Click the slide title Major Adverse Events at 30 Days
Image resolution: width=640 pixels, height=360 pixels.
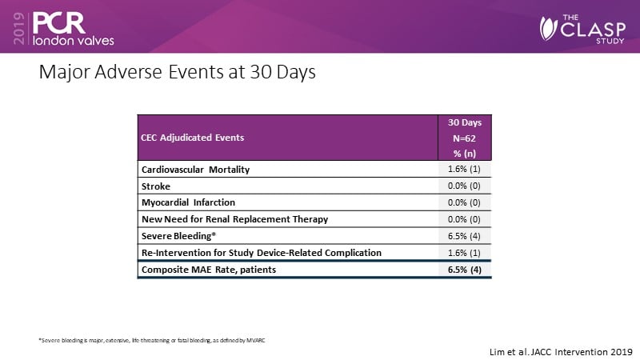point(178,73)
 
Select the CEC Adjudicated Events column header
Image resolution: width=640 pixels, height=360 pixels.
point(193,137)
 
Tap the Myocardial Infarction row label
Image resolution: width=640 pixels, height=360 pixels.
point(188,202)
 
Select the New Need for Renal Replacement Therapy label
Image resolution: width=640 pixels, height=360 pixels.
point(235,219)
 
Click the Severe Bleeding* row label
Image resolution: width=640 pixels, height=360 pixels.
point(178,236)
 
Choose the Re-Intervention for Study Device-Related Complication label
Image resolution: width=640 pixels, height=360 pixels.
point(261,253)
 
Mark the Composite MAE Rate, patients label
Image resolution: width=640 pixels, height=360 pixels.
point(208,270)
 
